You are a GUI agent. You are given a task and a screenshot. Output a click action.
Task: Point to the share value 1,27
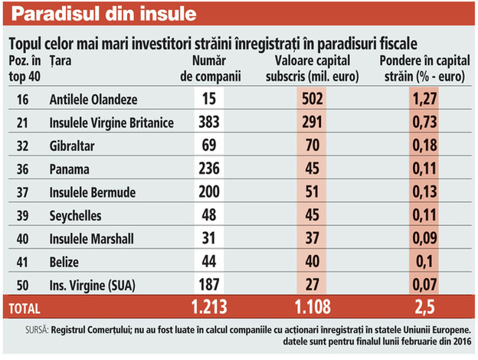pos(424,99)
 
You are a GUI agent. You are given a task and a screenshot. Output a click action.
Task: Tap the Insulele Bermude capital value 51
pos(311,192)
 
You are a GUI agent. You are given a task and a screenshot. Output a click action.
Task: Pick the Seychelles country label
pos(75,216)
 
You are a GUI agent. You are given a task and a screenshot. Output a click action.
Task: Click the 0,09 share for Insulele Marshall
pos(424,239)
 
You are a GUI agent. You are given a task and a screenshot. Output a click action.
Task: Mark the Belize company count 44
pos(208,263)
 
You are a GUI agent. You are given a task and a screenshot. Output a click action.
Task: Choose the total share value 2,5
pos(424,309)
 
